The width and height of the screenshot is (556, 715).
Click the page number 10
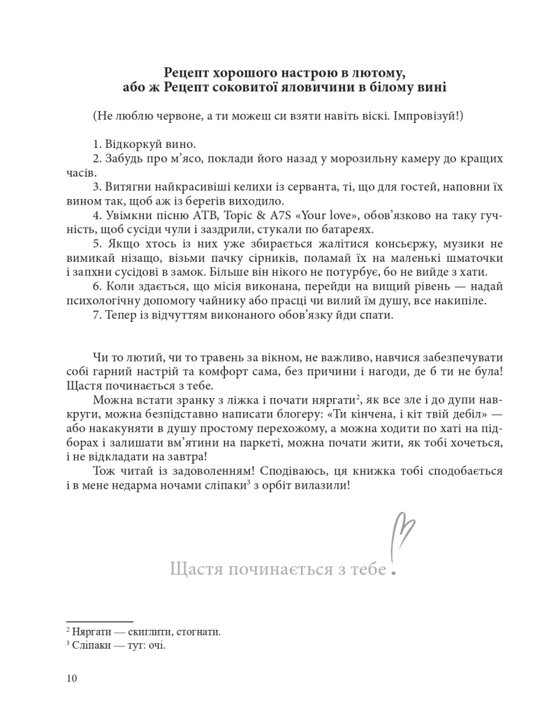(x=71, y=679)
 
